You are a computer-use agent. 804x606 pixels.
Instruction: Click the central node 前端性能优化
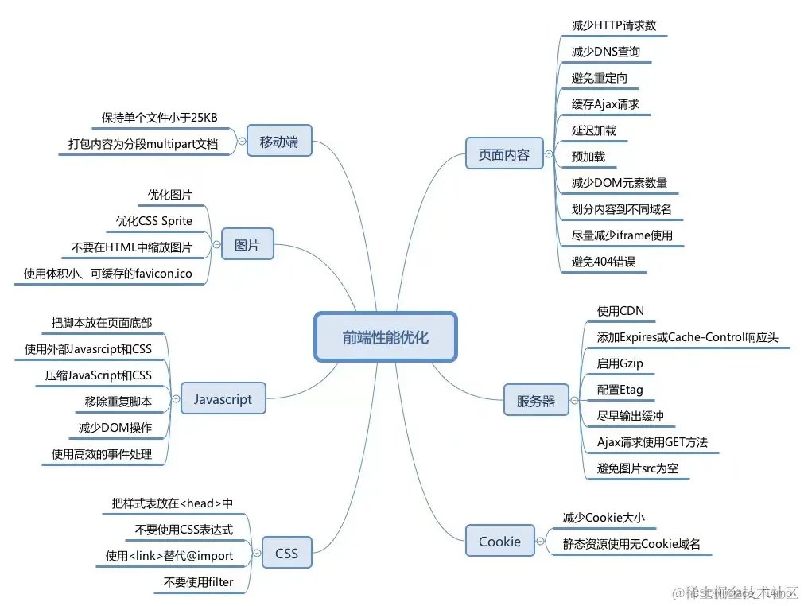click(386, 337)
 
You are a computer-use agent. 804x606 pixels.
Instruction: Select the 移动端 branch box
click(278, 142)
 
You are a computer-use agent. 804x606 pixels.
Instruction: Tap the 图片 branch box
click(247, 246)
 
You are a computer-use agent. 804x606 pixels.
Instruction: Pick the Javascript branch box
click(222, 399)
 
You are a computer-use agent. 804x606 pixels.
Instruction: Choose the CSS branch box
click(286, 553)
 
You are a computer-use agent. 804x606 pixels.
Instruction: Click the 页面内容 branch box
click(503, 155)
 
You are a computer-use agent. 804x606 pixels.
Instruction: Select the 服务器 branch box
click(536, 401)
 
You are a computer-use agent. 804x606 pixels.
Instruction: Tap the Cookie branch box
click(499, 542)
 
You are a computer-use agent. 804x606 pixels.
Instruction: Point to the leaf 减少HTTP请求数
click(614, 25)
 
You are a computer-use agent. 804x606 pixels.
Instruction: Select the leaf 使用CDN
click(620, 311)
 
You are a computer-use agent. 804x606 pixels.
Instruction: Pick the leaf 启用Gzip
click(620, 363)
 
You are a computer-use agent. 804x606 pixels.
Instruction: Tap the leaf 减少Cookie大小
click(604, 518)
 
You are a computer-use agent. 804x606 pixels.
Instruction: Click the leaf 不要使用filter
click(199, 582)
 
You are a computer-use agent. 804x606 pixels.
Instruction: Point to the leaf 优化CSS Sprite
click(154, 220)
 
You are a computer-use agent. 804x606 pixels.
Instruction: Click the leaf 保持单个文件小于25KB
click(160, 118)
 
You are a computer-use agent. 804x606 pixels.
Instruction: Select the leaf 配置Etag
click(620, 390)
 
